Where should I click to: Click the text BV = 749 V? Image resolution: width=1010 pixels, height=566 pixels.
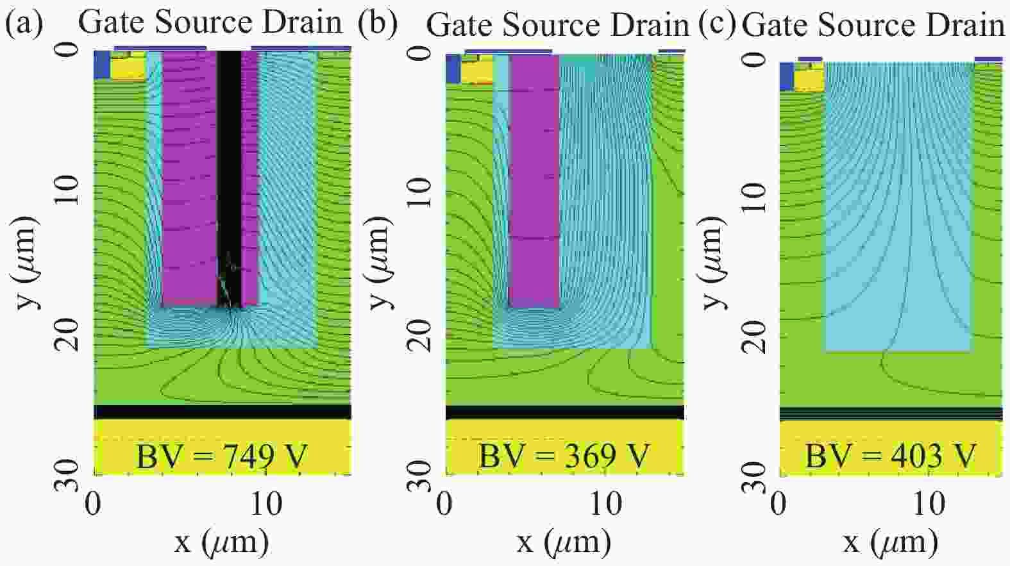pos(222,456)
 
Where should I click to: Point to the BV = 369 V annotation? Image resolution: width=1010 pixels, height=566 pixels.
pos(564,456)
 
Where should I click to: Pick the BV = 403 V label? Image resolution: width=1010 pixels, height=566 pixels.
pos(890,456)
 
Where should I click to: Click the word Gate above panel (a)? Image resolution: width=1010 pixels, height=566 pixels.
pos(113,22)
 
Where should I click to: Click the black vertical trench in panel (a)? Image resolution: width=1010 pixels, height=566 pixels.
pos(229,160)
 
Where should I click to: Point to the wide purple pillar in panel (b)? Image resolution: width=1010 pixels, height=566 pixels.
pos(534,179)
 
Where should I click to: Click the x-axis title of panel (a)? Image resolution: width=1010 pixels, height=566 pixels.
pos(221,542)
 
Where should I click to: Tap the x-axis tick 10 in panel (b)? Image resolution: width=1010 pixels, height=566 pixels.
pos(605,504)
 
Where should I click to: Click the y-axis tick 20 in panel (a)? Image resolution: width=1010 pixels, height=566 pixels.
pos(69,334)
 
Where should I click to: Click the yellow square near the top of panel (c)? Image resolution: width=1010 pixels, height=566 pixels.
pos(809,80)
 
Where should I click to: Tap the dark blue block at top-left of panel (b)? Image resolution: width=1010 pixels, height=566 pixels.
pos(453,69)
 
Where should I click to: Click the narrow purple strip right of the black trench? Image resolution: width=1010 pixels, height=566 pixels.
pos(249,173)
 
